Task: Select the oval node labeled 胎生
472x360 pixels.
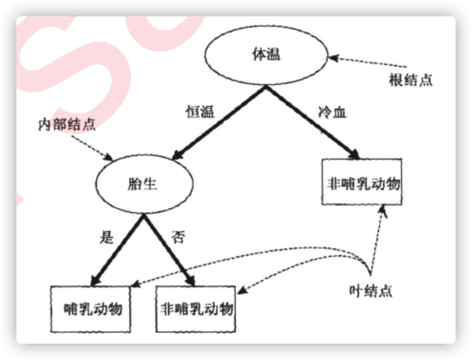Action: pyautogui.click(x=144, y=185)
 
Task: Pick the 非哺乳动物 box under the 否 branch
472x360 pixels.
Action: pyautogui.click(x=196, y=308)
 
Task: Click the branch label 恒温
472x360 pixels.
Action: pyautogui.click(x=200, y=112)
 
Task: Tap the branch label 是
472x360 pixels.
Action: pyautogui.click(x=106, y=237)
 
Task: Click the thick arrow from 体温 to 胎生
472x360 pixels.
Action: pyautogui.click(x=218, y=122)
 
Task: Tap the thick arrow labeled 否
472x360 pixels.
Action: pyautogui.click(x=169, y=249)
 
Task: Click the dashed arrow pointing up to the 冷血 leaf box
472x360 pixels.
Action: pyautogui.click(x=378, y=240)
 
